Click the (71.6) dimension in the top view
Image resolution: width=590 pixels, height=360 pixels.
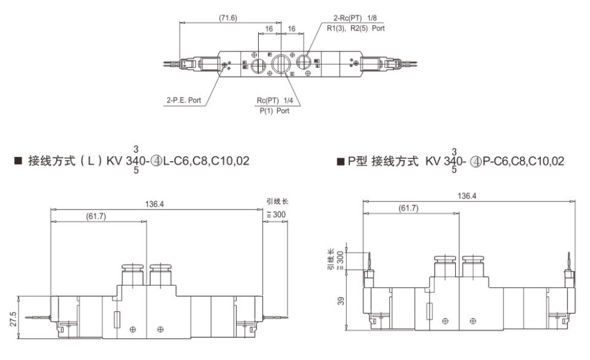[x=228, y=18]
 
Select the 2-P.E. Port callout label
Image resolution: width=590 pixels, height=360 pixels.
[x=184, y=100]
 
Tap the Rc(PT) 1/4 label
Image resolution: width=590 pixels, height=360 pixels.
[x=275, y=101]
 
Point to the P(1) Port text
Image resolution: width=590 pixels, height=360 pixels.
[x=275, y=111]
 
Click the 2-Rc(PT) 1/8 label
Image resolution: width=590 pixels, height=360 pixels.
[x=355, y=18]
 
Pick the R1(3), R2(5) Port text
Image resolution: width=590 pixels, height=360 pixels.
[x=356, y=28]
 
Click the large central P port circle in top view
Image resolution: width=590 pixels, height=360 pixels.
[x=280, y=63]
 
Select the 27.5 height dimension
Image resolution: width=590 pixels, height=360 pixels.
[x=14, y=318]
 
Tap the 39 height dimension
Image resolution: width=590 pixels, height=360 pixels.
[x=341, y=301]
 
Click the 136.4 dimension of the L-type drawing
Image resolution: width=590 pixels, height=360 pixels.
[x=155, y=204]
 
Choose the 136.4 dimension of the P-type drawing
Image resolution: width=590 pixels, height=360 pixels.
[x=467, y=196]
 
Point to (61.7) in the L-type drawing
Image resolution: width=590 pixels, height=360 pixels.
[x=96, y=216]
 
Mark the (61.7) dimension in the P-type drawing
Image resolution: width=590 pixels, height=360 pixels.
[x=409, y=208]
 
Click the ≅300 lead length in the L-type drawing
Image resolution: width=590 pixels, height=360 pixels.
[x=276, y=214]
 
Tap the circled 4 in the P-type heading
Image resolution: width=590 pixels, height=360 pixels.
[x=476, y=162]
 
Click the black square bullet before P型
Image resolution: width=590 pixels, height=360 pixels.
[x=341, y=162]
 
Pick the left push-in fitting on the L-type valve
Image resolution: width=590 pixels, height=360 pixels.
[x=132, y=274]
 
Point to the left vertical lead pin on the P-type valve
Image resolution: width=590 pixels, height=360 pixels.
[x=370, y=262]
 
